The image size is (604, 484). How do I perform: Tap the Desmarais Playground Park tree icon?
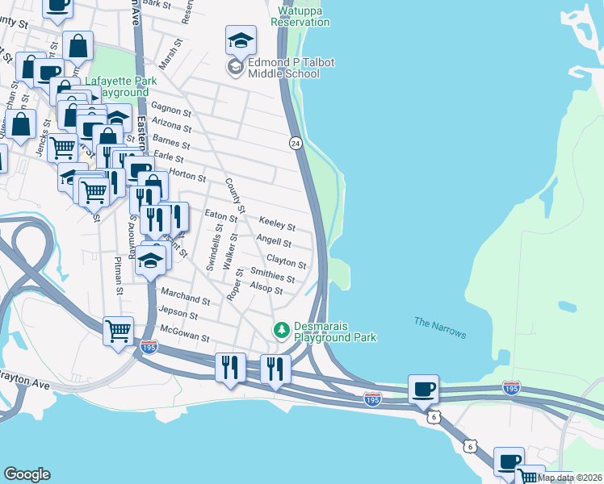point(281,329)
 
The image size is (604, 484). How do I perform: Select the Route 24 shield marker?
point(296,143)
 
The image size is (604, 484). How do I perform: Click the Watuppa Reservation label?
point(300,17)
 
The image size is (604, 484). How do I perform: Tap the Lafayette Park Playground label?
point(117,86)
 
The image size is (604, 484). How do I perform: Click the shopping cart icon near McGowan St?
point(119,331)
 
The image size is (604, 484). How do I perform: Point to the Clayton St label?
point(287,263)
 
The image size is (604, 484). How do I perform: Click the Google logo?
point(27,474)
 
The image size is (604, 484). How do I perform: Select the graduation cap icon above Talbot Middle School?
point(240,40)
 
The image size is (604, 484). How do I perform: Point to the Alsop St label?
point(266,289)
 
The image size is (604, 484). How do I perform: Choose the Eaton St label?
point(221,215)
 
